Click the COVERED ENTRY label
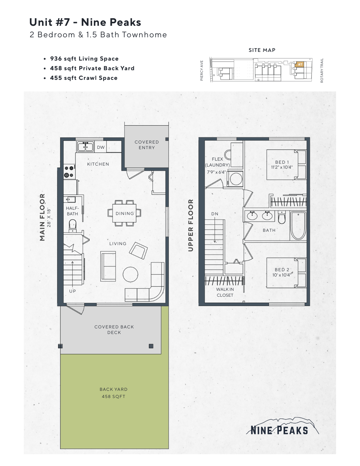pos(147,145)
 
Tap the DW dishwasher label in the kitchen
pos(101,147)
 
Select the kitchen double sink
pos(85,147)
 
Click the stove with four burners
pos(69,172)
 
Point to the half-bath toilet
pos(72,225)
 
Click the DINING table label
pos(125,213)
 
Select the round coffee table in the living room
pos(130,274)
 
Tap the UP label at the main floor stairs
pos(72,291)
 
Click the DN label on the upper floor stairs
pos(215,214)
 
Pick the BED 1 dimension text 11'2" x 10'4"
pos(282,167)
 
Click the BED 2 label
pos(282,270)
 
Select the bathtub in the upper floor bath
pos(298,226)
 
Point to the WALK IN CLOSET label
pos(225,292)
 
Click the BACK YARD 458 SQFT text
pos(113,393)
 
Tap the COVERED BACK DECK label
pos(114,330)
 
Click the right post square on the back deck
pos(151,346)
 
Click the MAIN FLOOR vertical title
pos(43,217)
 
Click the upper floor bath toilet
pos(282,218)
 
